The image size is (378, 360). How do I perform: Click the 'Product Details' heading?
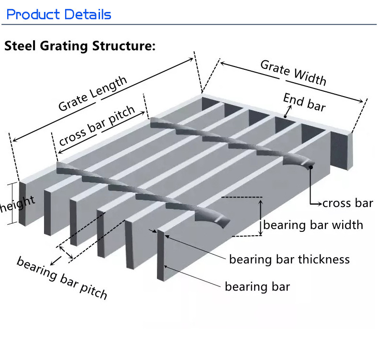(x=59, y=14)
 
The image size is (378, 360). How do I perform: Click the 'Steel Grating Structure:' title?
(x=80, y=47)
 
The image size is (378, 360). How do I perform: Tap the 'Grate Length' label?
(x=93, y=93)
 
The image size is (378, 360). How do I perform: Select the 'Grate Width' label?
(x=293, y=73)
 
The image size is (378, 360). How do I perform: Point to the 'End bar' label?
(x=304, y=102)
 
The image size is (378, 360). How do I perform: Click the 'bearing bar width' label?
(x=313, y=225)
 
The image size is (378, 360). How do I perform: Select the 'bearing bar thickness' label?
(x=289, y=260)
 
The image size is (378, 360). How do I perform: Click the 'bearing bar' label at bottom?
(x=257, y=287)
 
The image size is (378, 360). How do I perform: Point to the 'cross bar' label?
(x=347, y=203)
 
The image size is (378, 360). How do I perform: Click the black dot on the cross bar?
(x=311, y=166)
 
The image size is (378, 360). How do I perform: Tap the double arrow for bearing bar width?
(x=260, y=218)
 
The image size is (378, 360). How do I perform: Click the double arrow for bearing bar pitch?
(x=65, y=252)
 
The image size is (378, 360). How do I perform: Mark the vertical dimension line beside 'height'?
(x=11, y=204)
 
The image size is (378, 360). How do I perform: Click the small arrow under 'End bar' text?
(x=286, y=113)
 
